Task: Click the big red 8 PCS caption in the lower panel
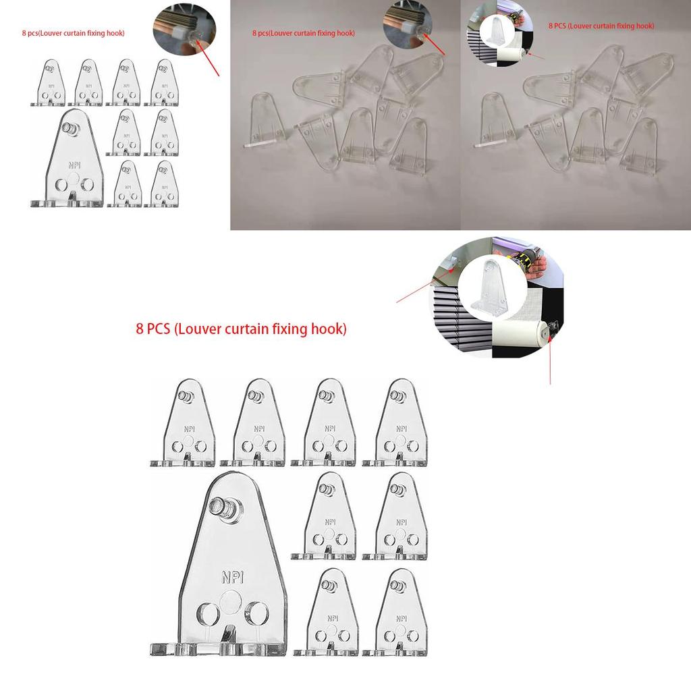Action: (241, 329)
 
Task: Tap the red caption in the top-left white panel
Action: (73, 32)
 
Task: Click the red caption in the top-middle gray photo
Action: (304, 32)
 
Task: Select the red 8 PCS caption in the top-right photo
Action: (601, 26)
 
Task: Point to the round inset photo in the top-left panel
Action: (184, 30)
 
